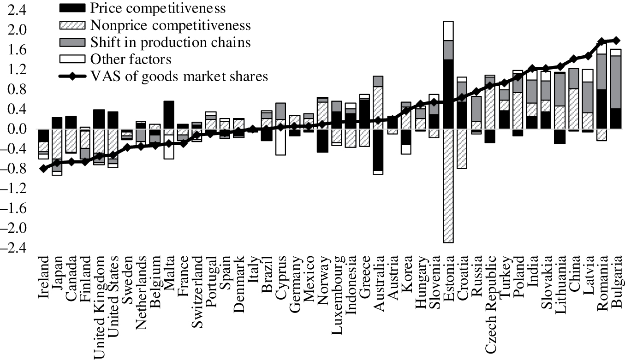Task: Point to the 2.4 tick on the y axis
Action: pyautogui.click(x=17, y=10)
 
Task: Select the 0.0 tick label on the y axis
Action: pyautogui.click(x=17, y=129)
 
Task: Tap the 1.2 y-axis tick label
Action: pyautogui.click(x=17, y=70)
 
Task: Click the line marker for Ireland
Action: pyautogui.click(x=43, y=169)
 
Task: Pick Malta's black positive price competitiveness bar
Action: pyautogui.click(x=169, y=115)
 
